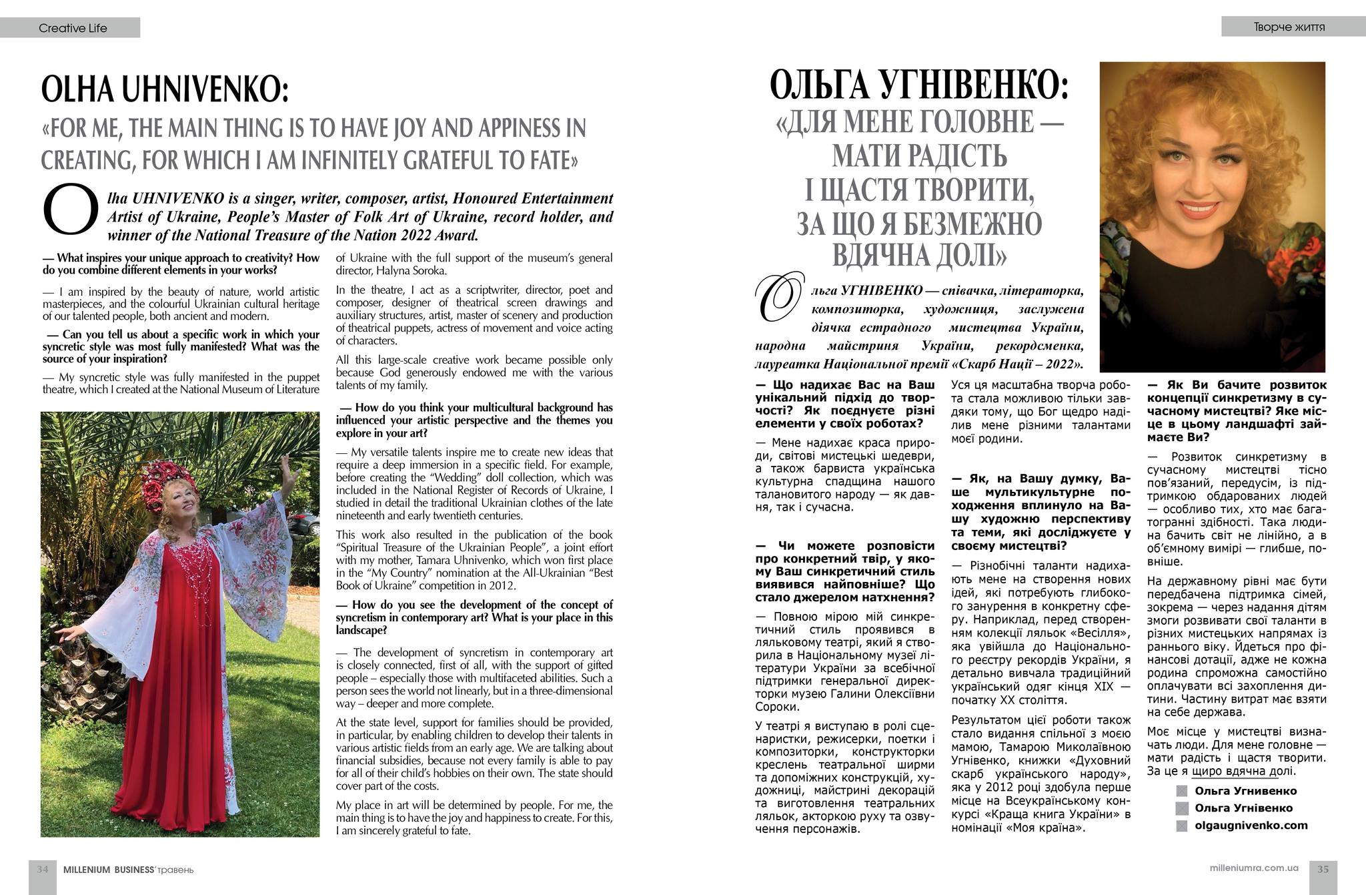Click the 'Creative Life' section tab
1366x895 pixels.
73,28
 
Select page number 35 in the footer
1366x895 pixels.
1323,869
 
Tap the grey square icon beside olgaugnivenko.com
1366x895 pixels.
1182,826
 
